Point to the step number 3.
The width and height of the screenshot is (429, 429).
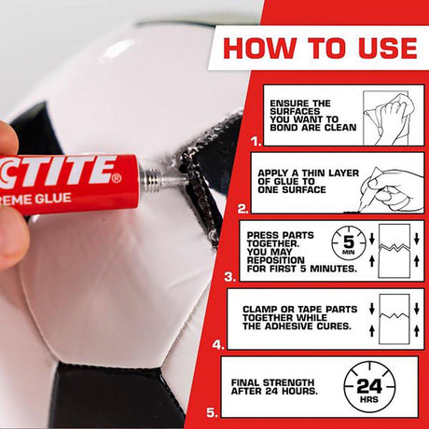point(230,276)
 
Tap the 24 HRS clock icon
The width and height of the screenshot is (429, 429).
point(368,386)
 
